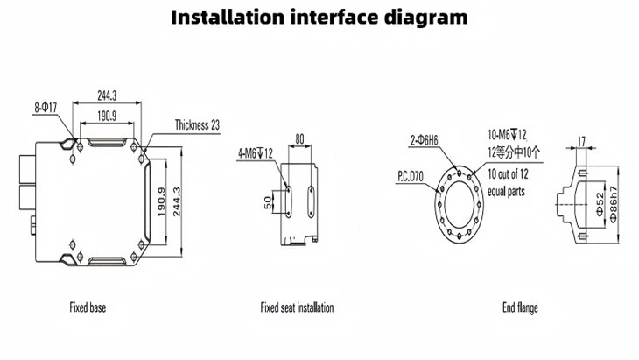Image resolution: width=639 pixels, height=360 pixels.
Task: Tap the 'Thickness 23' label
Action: coord(197,125)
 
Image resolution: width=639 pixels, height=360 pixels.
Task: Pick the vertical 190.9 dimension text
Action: coord(160,203)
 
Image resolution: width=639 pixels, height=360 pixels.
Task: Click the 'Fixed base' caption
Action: coord(88,307)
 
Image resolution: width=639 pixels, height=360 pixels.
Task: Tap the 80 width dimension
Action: coord(299,138)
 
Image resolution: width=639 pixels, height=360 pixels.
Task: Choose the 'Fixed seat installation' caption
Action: coord(297,307)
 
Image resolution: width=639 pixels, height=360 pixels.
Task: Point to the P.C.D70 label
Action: coord(411,176)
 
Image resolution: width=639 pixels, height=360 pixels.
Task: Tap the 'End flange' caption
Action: coord(520,307)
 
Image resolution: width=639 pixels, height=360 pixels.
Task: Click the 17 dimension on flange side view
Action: coord(580,138)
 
